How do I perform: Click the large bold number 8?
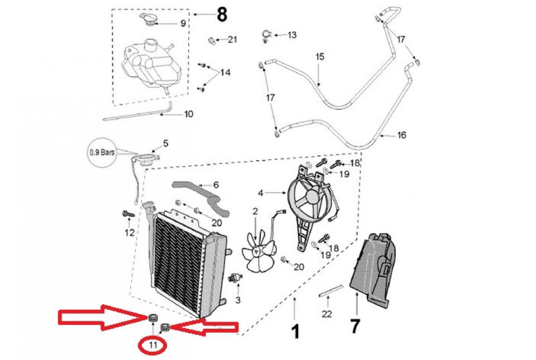point(222,15)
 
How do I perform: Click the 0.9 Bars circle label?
point(103,151)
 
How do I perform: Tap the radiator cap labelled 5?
point(150,160)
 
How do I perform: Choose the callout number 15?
point(320,57)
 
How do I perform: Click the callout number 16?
point(401,136)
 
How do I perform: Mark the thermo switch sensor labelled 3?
point(236,278)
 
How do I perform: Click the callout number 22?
point(327,314)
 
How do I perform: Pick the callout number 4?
point(260,193)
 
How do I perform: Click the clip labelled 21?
point(212,40)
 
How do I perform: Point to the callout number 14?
point(225,73)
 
